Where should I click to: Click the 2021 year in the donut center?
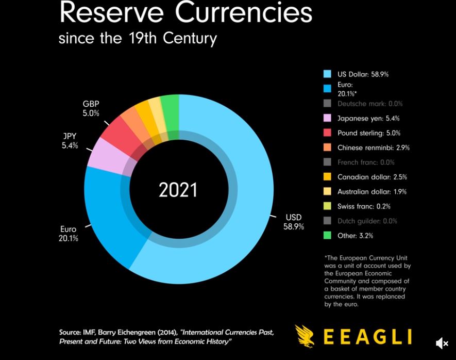pos(178,190)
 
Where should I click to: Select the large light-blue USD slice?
pos(242,206)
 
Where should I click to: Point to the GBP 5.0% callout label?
pos(91,109)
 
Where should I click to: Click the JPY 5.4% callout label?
pos(70,141)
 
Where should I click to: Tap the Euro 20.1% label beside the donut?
pos(68,234)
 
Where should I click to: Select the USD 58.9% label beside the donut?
pos(293,222)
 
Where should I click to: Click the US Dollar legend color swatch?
pos(327,74)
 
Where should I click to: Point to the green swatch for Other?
pos(327,236)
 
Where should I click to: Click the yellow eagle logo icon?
pos(305,336)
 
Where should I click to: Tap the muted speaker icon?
pos(442,343)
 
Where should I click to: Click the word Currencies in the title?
pos(244,13)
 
